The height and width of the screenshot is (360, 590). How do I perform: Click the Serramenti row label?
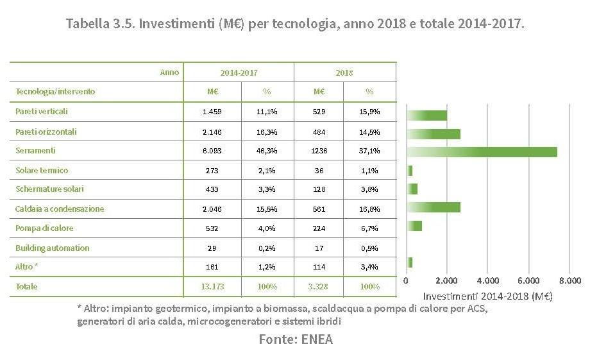(x=35, y=151)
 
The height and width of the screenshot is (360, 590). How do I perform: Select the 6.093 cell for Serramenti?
(x=211, y=151)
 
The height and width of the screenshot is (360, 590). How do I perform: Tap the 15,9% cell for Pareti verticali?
(x=369, y=112)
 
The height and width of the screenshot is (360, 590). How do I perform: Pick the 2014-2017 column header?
(x=239, y=73)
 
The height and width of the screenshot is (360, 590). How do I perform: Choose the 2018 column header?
(x=344, y=73)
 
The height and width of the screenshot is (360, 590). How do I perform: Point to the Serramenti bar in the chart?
(x=482, y=152)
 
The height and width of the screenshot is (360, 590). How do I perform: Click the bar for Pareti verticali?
(x=427, y=116)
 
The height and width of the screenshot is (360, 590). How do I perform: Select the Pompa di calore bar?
(x=414, y=226)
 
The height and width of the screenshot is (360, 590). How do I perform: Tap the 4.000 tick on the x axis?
(x=488, y=280)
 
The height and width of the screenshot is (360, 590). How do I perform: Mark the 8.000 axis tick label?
(x=570, y=280)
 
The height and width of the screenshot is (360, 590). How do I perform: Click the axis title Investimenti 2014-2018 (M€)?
(x=487, y=296)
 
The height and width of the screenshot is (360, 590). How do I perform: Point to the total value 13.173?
(x=213, y=286)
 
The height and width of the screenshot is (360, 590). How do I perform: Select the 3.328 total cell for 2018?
(x=319, y=286)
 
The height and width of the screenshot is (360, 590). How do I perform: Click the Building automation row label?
(x=52, y=248)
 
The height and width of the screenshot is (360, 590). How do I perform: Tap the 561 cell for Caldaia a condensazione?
(x=319, y=209)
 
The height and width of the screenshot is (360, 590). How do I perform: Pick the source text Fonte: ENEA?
(x=296, y=339)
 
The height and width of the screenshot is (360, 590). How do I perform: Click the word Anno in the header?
(x=169, y=73)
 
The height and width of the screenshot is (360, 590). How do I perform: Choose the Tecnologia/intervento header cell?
(x=55, y=92)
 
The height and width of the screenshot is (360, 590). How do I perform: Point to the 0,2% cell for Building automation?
(x=267, y=248)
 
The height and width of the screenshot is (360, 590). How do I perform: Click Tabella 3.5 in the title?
(x=99, y=24)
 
